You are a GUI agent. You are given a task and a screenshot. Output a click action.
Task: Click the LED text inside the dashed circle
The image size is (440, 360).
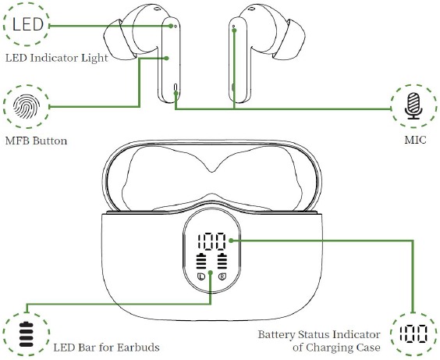[28, 24]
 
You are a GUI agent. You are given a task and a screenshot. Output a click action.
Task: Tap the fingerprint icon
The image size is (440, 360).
[27, 106]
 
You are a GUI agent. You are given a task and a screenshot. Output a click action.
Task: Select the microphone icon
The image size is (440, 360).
[413, 106]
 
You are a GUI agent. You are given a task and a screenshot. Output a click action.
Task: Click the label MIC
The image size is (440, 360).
[415, 140]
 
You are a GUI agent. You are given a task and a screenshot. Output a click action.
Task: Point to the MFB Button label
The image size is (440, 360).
[36, 141]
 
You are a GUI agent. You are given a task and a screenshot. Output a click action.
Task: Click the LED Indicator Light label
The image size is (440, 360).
[57, 58]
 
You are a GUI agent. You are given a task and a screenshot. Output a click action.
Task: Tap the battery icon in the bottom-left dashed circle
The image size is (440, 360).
[27, 334]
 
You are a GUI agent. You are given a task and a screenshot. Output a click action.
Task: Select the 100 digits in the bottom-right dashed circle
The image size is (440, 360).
[413, 333]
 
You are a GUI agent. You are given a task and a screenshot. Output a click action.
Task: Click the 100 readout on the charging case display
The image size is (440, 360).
[212, 241]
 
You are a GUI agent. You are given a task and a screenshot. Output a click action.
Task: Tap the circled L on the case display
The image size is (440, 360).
[201, 277]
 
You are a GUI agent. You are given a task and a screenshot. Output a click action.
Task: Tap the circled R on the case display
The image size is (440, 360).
[222, 277]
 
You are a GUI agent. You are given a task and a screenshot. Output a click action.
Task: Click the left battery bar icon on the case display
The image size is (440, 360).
[201, 261]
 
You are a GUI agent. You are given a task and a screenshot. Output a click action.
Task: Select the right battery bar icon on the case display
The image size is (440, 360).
[222, 261]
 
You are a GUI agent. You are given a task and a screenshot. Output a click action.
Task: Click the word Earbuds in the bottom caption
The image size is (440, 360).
[138, 348]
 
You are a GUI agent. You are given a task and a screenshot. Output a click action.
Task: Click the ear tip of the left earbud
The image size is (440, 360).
[120, 39]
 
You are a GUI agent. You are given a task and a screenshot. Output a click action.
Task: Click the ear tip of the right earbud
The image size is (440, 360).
[289, 39]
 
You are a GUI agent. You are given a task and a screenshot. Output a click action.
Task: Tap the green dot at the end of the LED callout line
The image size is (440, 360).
[171, 26]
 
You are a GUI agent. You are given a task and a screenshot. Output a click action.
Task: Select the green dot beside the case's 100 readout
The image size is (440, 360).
[231, 241]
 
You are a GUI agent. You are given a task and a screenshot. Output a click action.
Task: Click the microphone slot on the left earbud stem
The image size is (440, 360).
[176, 88]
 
